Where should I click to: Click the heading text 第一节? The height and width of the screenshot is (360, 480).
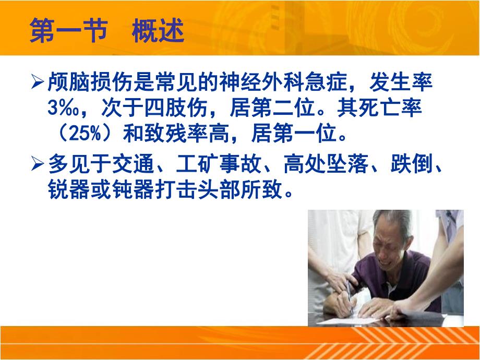click(68, 32)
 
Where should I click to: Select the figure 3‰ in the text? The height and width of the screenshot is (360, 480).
click(62, 110)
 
